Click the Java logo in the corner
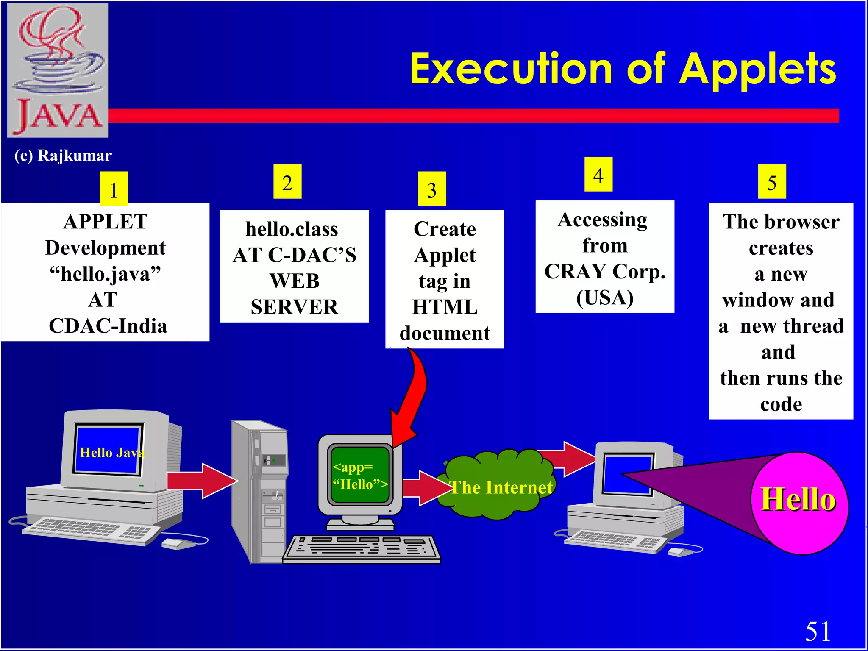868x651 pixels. [x=58, y=70]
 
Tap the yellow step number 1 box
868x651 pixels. [x=114, y=189]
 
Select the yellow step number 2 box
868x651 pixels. [x=287, y=182]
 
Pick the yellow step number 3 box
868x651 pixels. [x=431, y=189]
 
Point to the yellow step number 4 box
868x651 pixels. [x=598, y=175]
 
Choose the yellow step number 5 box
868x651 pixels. [x=772, y=182]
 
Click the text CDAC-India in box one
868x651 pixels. [x=108, y=326]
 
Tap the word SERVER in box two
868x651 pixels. [x=294, y=307]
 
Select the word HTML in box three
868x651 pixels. [x=445, y=307]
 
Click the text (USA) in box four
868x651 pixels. [x=604, y=297]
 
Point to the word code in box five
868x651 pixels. [x=781, y=404]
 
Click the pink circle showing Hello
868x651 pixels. [x=799, y=502]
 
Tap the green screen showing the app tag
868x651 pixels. [x=360, y=475]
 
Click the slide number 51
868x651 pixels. [x=818, y=631]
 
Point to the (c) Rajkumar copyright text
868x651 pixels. [x=63, y=156]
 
